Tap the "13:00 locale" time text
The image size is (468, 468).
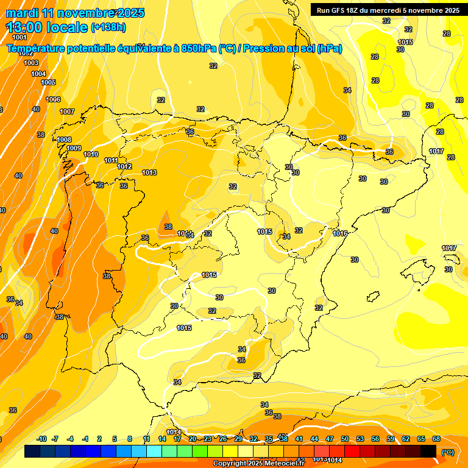(x=46, y=27)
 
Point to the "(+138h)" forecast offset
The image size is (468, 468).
(x=108, y=27)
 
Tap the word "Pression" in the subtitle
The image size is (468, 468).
(x=265, y=49)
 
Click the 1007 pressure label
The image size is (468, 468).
(x=67, y=112)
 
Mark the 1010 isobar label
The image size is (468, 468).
(x=91, y=154)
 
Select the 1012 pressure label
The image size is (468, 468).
(x=124, y=166)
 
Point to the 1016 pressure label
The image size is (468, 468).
(x=340, y=233)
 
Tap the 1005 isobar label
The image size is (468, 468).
(x=48, y=82)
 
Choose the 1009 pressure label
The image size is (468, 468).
(x=74, y=148)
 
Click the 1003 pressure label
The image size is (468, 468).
(x=31, y=63)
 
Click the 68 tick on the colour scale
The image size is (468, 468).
(x=436, y=439)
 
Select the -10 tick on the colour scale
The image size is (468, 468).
(x=41, y=439)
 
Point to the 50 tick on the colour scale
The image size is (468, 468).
(x=345, y=439)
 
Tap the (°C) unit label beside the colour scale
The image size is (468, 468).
(x=447, y=452)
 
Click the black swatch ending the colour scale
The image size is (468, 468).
(x=428, y=451)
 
